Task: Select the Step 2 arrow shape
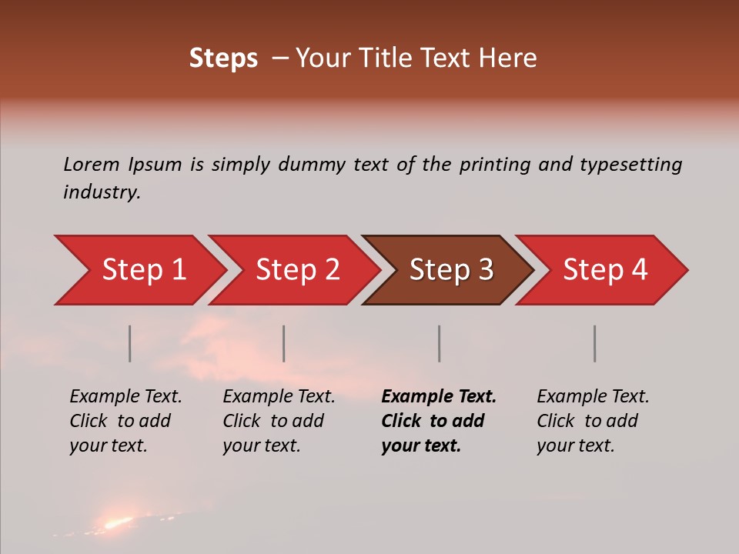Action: [x=296, y=270]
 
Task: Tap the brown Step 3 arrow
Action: [x=450, y=270]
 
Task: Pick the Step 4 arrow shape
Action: [x=604, y=270]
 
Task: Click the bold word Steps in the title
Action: [x=223, y=58]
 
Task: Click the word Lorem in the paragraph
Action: [x=92, y=164]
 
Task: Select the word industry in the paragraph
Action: [x=102, y=192]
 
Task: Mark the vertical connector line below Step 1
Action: [x=130, y=343]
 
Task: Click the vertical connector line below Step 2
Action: [x=284, y=343]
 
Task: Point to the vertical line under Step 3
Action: [x=440, y=343]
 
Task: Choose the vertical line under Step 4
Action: [x=595, y=343]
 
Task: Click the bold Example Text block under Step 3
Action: [x=439, y=421]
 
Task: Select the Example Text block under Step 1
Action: [x=125, y=421]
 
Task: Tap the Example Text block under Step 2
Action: [x=279, y=421]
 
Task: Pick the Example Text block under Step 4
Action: [x=593, y=421]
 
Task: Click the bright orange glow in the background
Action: [x=117, y=523]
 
